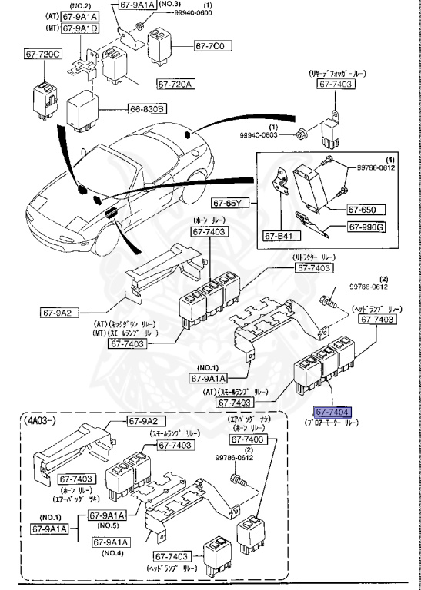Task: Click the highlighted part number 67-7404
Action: [331, 413]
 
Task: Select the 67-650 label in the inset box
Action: [362, 208]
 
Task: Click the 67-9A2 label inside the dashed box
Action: [142, 422]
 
